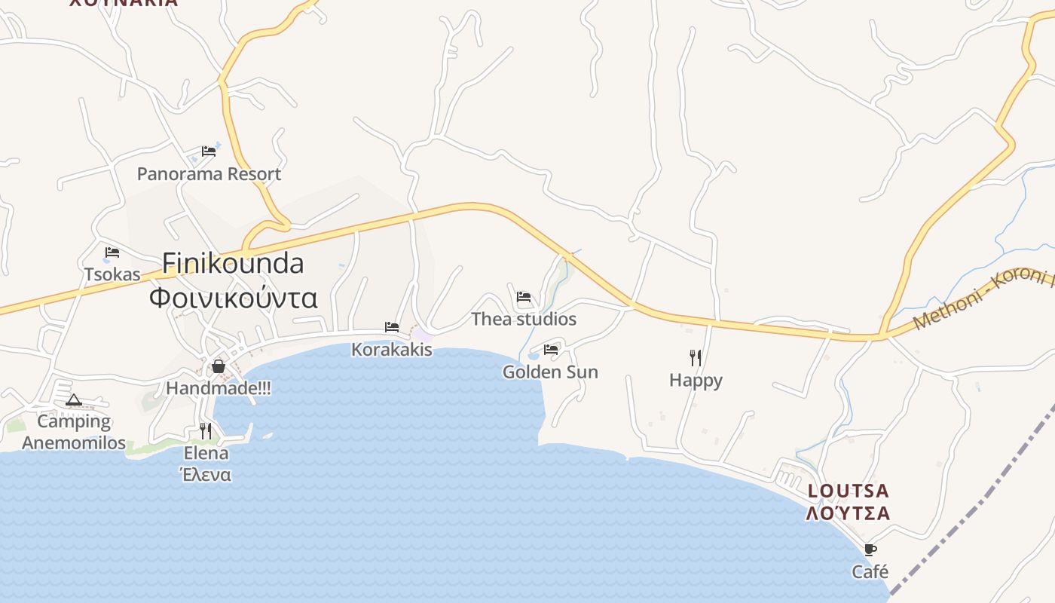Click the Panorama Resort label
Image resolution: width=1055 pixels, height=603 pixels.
pyautogui.click(x=209, y=174)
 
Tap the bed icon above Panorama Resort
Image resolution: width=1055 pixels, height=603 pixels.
pyautogui.click(x=209, y=151)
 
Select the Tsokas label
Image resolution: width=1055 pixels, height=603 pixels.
pyautogui.click(x=112, y=274)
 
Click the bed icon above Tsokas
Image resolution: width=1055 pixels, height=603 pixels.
pyautogui.click(x=112, y=252)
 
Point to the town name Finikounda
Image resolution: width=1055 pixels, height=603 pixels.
pyautogui.click(x=234, y=263)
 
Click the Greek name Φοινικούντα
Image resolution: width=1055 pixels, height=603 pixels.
pyautogui.click(x=234, y=298)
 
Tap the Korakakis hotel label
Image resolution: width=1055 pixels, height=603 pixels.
pyautogui.click(x=392, y=350)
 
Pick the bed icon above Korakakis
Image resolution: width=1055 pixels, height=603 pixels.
pyautogui.click(x=392, y=327)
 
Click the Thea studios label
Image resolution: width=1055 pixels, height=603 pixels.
pyautogui.click(x=524, y=319)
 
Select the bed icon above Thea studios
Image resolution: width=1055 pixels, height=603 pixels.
pyautogui.click(x=524, y=297)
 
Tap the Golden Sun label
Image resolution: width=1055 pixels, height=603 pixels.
pyautogui.click(x=550, y=372)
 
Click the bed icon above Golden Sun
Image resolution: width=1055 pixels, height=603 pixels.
pyautogui.click(x=551, y=350)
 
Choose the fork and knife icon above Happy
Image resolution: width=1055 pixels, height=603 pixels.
pyautogui.click(x=696, y=357)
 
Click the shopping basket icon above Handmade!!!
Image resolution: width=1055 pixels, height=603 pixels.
pyautogui.click(x=219, y=366)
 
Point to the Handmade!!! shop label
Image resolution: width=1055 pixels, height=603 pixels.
pyautogui.click(x=219, y=388)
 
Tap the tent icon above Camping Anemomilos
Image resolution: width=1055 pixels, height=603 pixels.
pyautogui.click(x=73, y=399)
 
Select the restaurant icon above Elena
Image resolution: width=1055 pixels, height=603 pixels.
pyautogui.click(x=206, y=430)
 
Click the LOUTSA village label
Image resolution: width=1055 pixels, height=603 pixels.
pyautogui.click(x=848, y=491)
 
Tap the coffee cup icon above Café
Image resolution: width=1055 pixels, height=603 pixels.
pyautogui.click(x=870, y=549)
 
